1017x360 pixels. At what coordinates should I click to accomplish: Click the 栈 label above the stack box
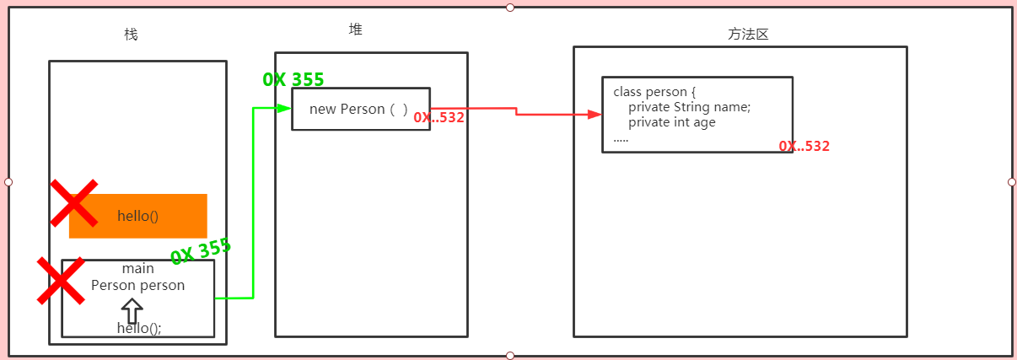coord(131,35)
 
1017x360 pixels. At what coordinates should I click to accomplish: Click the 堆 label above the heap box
coord(356,30)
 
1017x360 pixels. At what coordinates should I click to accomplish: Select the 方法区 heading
coord(749,35)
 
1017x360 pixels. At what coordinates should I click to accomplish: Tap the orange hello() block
coord(138,216)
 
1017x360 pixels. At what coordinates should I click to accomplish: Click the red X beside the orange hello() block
coord(73,203)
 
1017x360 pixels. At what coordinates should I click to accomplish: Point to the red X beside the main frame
coord(61,281)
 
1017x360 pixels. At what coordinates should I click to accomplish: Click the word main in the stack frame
coord(138,269)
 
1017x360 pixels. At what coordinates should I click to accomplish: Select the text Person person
coord(138,285)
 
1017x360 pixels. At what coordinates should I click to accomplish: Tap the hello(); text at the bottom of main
coord(139,329)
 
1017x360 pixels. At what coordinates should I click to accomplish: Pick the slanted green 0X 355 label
coord(201,251)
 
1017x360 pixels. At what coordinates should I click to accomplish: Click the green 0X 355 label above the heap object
coord(293,79)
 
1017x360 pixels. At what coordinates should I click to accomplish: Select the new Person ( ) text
coord(358,110)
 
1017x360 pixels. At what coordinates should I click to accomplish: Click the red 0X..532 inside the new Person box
coord(439,118)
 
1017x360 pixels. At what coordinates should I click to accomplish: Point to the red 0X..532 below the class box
coord(804,147)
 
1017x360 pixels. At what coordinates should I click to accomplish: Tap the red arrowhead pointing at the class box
coord(595,115)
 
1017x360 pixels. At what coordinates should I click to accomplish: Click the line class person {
coord(654,92)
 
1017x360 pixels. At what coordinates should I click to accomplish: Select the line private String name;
coord(689,107)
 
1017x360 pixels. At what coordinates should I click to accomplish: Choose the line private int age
coord(672,122)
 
